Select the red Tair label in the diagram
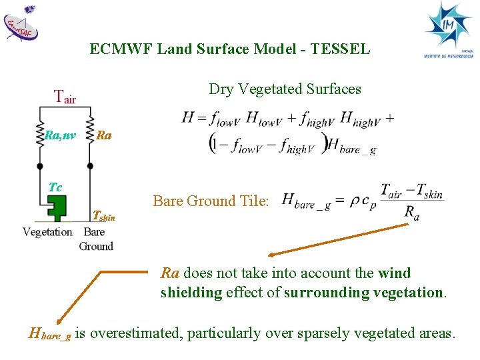pos(65,97)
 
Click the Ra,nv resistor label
pos(60,135)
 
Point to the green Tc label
pos(55,187)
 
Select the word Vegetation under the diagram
pos(47,232)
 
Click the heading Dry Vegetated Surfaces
pos(285,89)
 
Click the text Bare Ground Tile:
pos(211,201)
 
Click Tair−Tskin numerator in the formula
pos(411,191)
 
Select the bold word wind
pos(395,273)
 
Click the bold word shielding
pos(191,293)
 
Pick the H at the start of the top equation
pos(187,119)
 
